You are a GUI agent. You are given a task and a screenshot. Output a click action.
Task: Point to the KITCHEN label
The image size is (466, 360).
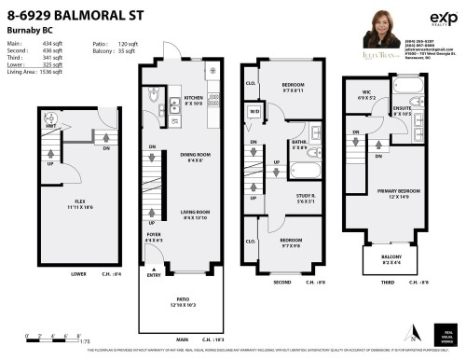pyautogui.click(x=193, y=98)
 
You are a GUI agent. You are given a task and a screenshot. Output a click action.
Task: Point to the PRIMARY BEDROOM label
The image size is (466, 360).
pyautogui.click(x=393, y=194)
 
